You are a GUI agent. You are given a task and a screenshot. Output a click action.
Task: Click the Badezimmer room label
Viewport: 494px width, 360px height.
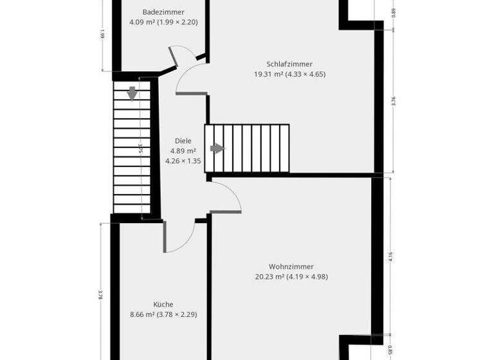pos(163,12)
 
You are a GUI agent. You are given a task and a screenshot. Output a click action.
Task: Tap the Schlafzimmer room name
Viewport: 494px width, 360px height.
pos(289,64)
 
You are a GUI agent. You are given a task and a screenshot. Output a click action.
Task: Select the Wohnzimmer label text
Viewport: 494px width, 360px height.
pos(291,267)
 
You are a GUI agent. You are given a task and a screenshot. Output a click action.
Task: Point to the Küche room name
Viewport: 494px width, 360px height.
pos(163,305)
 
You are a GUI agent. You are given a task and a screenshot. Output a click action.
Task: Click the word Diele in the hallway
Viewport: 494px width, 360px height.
pos(183,141)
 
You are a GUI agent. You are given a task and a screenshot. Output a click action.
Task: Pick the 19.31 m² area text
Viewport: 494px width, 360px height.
pos(269,75)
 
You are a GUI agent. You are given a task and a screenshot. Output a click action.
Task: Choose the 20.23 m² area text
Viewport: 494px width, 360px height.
pos(270,277)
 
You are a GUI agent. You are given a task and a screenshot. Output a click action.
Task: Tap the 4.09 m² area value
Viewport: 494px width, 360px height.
pos(143,22)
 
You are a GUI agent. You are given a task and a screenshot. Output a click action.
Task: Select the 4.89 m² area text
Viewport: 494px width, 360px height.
pos(183,151)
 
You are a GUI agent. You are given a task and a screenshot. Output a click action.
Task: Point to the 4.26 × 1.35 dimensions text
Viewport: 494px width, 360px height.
pos(183,161)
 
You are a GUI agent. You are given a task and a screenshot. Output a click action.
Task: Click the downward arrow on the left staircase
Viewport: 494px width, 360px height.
pos(132,94)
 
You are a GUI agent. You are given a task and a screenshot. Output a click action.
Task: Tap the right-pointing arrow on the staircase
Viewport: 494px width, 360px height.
pos(218,148)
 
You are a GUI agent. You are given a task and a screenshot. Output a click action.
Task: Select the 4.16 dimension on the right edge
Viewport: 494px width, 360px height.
pos(391,256)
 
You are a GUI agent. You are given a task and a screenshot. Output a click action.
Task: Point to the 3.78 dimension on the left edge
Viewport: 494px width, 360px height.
pos(100,295)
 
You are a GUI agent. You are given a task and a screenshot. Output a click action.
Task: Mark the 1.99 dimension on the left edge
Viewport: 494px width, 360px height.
pos(103,35)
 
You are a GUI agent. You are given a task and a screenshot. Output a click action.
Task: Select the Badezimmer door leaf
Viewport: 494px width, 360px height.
pos(173,57)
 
